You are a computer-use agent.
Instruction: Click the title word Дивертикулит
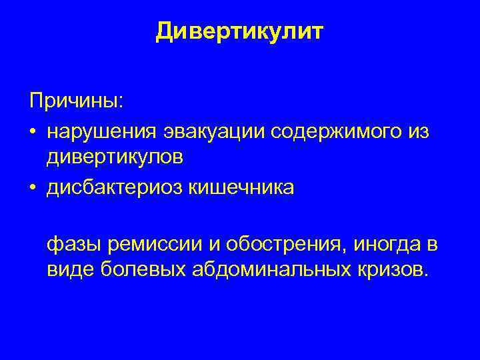(x=239, y=31)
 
